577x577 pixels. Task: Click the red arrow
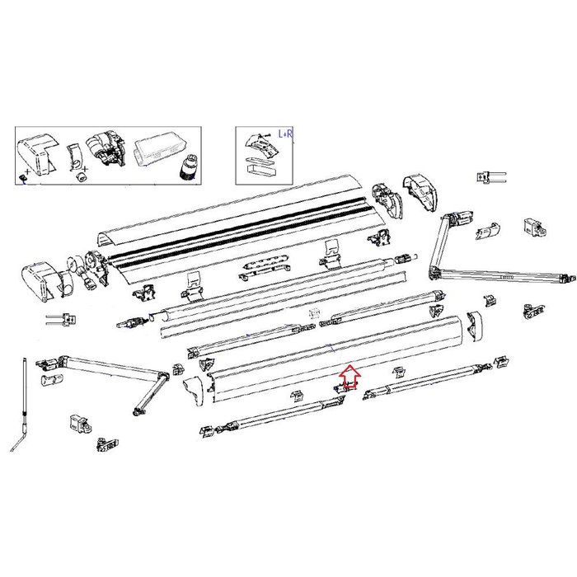[x=349, y=377]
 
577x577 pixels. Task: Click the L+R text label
[x=287, y=134]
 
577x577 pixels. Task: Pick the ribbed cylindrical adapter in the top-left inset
[x=190, y=167]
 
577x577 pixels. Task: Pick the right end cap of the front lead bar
[x=475, y=326]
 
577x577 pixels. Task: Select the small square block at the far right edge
[x=533, y=225]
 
